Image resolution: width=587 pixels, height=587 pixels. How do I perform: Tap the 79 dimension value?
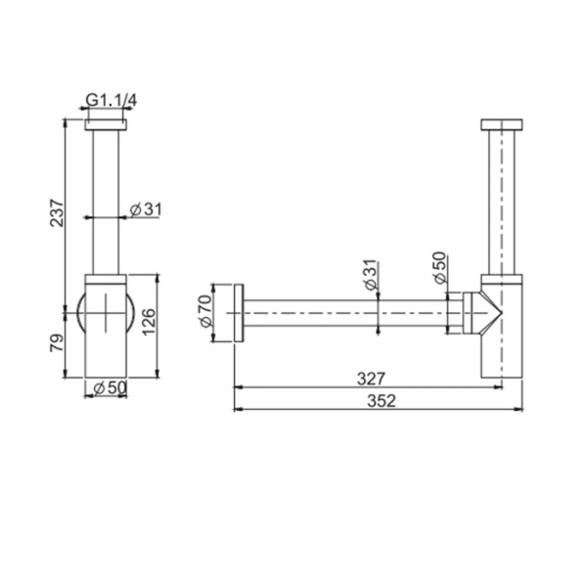[x=57, y=342]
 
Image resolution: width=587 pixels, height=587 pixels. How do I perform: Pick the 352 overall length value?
[x=373, y=402]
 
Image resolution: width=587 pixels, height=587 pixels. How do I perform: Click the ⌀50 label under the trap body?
[x=108, y=388]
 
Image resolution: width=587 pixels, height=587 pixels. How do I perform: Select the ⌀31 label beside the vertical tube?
[x=145, y=208]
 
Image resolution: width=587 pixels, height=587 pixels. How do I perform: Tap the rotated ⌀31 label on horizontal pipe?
[x=370, y=275]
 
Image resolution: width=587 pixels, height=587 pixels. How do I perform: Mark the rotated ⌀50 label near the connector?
[x=439, y=266]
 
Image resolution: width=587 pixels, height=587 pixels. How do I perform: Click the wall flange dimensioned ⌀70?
[x=237, y=314]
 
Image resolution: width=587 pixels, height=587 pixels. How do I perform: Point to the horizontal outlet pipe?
[x=342, y=314]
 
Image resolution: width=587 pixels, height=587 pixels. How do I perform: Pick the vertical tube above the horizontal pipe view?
[x=504, y=205]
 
